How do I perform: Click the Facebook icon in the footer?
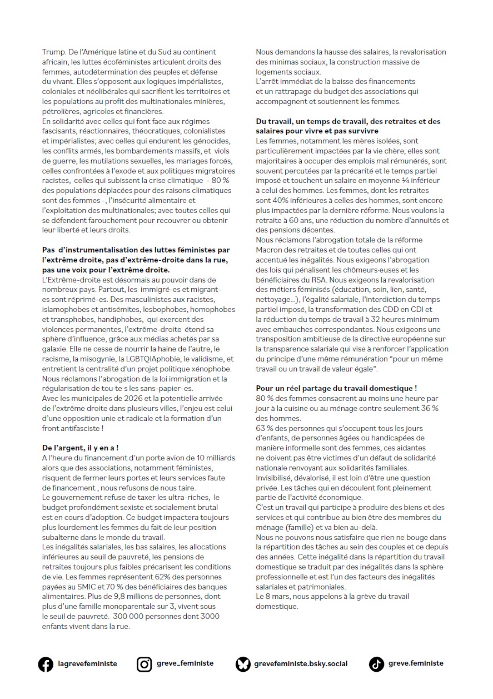pos(46,664)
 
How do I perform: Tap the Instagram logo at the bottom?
pos(145,664)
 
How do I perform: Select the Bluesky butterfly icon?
pos(243,664)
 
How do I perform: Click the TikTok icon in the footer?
pos(376,664)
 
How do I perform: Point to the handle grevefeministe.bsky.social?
pos(300,664)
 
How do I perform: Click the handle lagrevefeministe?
pos(87,664)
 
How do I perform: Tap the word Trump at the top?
pos(53,52)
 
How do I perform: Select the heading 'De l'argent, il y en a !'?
pos(80,447)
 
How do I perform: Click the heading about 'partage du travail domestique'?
pos(336,388)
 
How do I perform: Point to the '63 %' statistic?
pos(265,428)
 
